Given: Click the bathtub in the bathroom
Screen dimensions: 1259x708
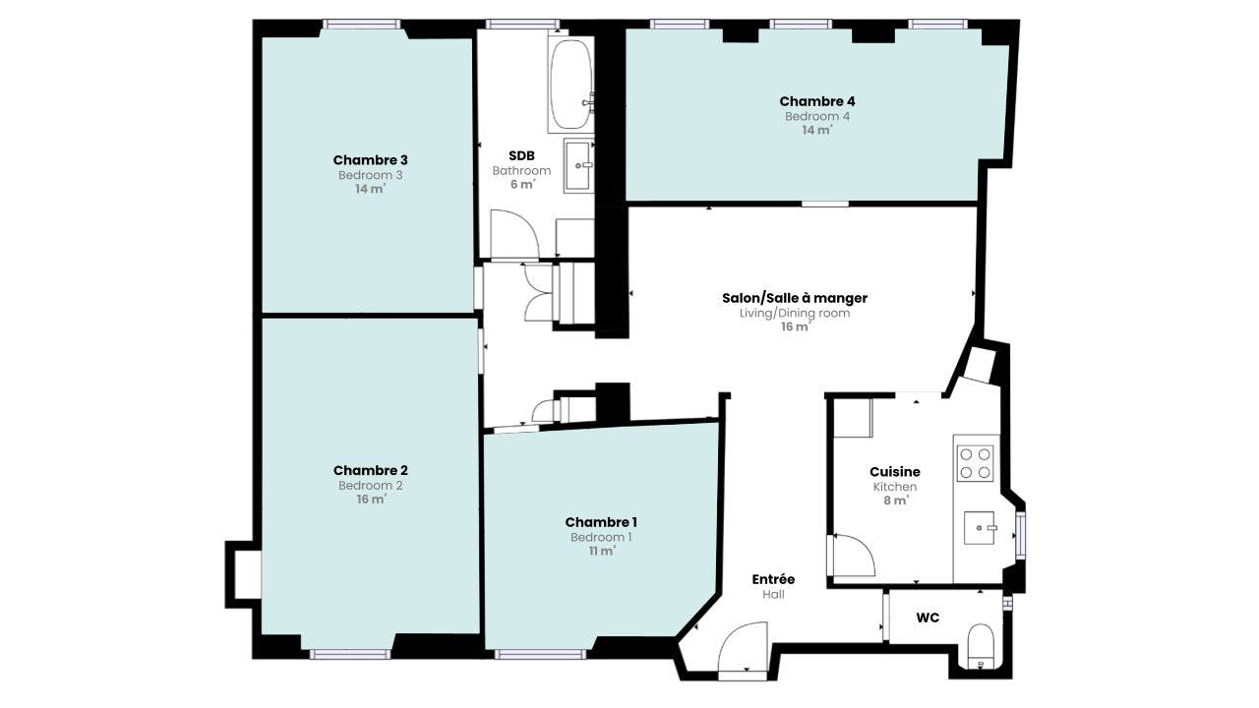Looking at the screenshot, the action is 570,85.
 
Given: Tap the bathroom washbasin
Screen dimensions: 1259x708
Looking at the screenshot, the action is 578,166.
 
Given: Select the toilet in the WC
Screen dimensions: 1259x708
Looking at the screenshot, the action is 982,646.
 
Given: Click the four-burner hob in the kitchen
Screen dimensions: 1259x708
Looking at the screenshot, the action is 975,463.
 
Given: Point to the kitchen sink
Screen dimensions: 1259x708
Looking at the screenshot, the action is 979,528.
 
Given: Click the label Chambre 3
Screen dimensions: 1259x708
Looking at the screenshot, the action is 371,160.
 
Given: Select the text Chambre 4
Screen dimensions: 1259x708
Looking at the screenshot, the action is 817,101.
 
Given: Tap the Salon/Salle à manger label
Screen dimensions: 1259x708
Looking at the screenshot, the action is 795,298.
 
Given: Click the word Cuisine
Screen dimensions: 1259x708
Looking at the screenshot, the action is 895,471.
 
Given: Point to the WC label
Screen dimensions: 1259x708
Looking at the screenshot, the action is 928,618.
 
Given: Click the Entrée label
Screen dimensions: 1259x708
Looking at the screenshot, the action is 773,579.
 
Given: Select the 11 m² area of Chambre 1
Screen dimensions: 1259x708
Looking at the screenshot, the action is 601,552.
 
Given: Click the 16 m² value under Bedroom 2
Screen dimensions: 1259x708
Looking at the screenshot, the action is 371,499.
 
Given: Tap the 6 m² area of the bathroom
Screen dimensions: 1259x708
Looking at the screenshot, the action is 522,184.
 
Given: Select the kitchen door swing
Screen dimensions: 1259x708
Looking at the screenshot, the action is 854,556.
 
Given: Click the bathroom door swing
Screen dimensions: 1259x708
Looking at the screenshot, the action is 514,234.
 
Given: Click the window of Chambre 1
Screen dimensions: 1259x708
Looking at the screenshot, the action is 540,654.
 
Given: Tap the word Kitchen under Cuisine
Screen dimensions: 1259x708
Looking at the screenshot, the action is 895,487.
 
